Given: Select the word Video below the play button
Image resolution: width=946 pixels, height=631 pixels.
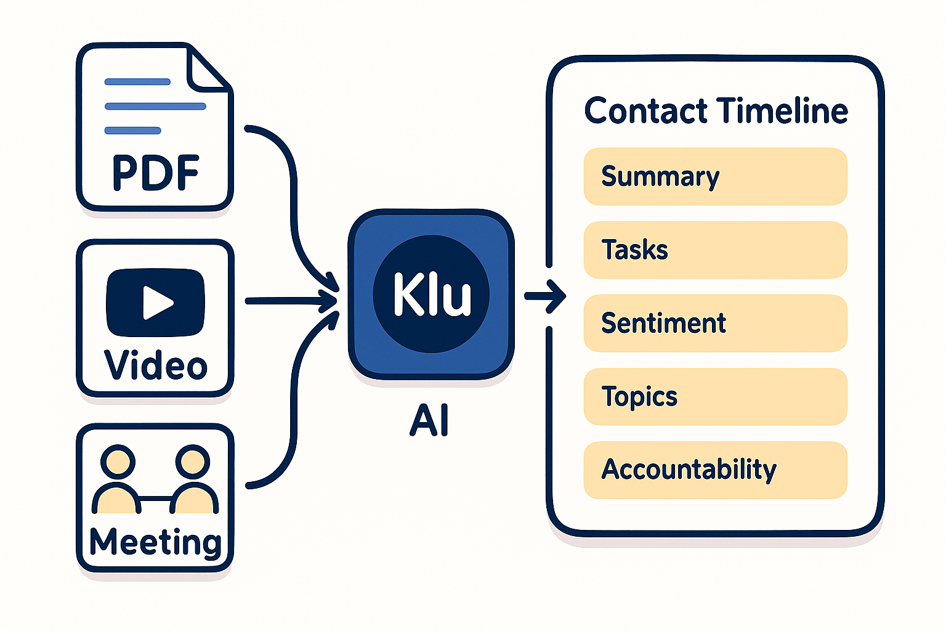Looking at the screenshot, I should click(x=156, y=365).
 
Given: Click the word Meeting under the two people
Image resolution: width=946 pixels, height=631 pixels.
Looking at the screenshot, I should click(x=155, y=542).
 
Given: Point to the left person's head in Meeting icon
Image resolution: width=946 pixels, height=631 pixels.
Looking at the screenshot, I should click(x=118, y=462).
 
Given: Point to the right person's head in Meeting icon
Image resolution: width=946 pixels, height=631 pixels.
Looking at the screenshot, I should click(x=192, y=462).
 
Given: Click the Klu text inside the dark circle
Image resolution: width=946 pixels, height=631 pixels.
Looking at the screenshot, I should click(x=432, y=295).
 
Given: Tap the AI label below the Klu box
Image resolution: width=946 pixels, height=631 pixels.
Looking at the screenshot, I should click(x=429, y=421).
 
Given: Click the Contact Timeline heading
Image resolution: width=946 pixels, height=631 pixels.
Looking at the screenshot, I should click(x=716, y=111).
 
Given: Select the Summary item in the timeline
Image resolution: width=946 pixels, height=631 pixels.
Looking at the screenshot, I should click(x=715, y=176).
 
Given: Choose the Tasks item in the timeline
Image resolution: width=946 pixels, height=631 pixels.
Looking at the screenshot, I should click(x=715, y=250).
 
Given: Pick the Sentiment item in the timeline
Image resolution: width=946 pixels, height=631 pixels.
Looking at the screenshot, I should click(x=715, y=324).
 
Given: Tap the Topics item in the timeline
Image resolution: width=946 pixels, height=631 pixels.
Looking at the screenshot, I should click(x=715, y=397).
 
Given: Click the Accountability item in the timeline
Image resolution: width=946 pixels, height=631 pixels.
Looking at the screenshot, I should click(x=715, y=470).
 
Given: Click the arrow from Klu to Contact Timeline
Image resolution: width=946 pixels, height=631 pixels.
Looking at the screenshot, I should click(x=546, y=296).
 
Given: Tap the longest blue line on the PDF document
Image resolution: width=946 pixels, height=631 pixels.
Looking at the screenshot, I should click(x=155, y=106).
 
